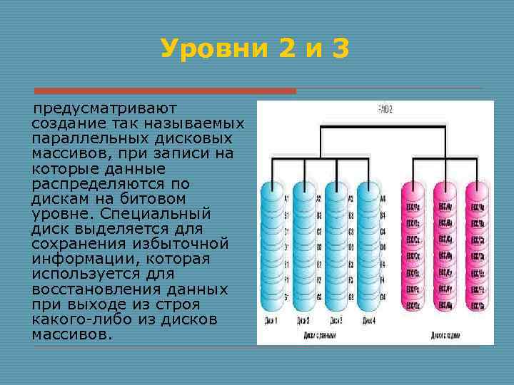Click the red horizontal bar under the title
[x=165, y=91]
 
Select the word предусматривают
[x=106, y=110]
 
